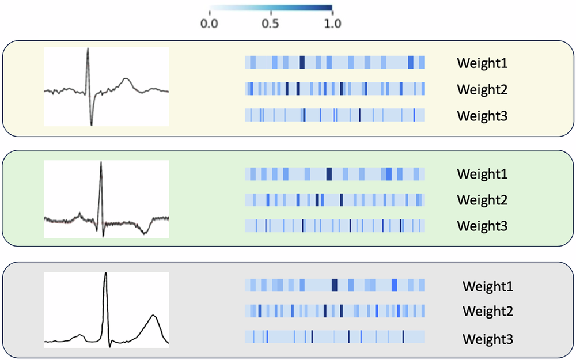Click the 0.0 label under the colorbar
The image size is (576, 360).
point(209,24)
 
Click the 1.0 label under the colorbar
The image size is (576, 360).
point(332,24)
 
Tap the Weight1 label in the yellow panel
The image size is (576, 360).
point(482,63)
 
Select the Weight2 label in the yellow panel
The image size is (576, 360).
point(482,89)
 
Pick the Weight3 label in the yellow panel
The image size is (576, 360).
point(482,115)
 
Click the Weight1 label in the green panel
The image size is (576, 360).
point(482,173)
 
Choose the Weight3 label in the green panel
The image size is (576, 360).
point(482,226)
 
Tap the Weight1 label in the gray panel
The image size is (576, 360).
point(487,286)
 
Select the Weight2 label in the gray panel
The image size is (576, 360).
point(487,312)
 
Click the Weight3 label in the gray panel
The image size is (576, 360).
point(487,338)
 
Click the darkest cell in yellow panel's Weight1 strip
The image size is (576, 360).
point(301,63)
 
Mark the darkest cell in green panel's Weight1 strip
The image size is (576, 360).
point(329,173)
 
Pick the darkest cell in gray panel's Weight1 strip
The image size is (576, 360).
point(334,285)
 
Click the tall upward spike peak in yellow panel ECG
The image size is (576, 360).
point(88,49)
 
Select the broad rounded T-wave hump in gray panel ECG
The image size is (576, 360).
point(153,316)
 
